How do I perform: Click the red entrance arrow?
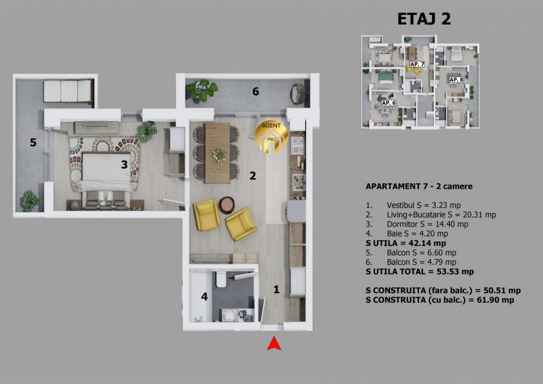[x=274, y=343]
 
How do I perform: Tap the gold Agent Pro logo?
[x=271, y=137]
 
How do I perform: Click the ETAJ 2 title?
[x=424, y=19]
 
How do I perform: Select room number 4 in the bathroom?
[x=204, y=297]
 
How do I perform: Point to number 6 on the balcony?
[x=255, y=91]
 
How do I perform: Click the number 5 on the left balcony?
[x=33, y=142]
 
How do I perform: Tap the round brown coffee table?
[x=227, y=205]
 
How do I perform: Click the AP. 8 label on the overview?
[x=456, y=79]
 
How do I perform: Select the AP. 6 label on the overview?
[x=388, y=103]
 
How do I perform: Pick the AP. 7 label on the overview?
[x=417, y=64]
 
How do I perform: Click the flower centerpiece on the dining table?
[x=219, y=154]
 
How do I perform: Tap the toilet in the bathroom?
[x=221, y=279]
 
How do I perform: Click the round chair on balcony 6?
[x=298, y=93]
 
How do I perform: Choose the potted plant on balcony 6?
[x=201, y=90]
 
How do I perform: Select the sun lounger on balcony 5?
[x=69, y=91]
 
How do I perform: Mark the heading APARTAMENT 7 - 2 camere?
[x=419, y=186]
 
